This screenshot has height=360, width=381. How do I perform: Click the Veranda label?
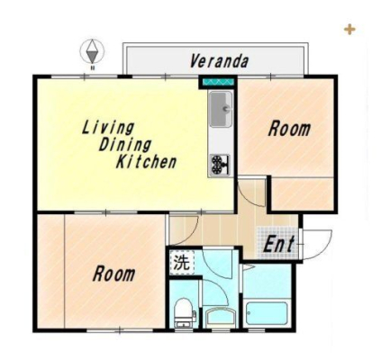[219, 61]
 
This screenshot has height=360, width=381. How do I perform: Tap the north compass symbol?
[92, 51]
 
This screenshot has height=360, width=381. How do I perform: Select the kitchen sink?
[221, 110]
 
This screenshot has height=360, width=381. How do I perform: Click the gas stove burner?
[220, 165]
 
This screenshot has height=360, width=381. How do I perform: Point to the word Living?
[108, 128]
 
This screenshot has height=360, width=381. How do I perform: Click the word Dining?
[124, 145]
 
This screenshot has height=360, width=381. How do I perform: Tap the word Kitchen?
[146, 162]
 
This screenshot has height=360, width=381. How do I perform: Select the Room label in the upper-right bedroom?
[289, 129]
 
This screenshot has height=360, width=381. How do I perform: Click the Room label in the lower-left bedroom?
[113, 274]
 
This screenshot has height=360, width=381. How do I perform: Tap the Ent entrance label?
[278, 244]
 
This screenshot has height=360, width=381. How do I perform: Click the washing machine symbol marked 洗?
[182, 263]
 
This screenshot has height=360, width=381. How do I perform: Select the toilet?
[184, 313]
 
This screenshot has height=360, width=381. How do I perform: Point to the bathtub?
[267, 313]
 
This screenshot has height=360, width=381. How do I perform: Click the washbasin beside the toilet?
[221, 318]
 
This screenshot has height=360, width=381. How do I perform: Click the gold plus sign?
[349, 30]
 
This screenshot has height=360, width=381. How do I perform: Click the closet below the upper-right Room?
[303, 193]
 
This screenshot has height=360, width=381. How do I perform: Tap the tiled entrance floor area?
[277, 242]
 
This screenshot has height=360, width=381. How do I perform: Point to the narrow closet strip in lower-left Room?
[50, 272]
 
